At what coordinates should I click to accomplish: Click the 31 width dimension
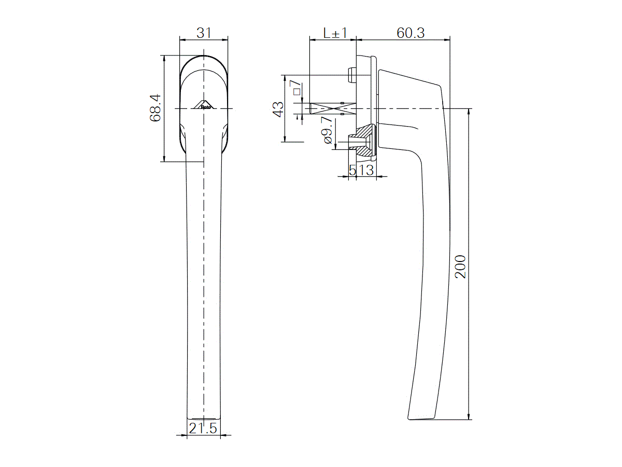(x=204, y=33)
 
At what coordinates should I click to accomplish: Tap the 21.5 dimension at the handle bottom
(x=203, y=429)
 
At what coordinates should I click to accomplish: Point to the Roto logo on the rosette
(x=204, y=104)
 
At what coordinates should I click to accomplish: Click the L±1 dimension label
(x=334, y=33)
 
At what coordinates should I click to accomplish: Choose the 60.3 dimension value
(x=411, y=33)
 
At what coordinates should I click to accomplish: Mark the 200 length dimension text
(x=460, y=266)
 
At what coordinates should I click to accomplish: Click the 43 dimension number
(x=278, y=109)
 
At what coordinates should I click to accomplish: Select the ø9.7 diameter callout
(x=327, y=133)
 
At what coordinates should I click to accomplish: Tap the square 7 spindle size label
(x=295, y=88)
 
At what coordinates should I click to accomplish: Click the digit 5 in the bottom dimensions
(x=352, y=170)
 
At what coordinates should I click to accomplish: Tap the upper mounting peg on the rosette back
(x=351, y=75)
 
